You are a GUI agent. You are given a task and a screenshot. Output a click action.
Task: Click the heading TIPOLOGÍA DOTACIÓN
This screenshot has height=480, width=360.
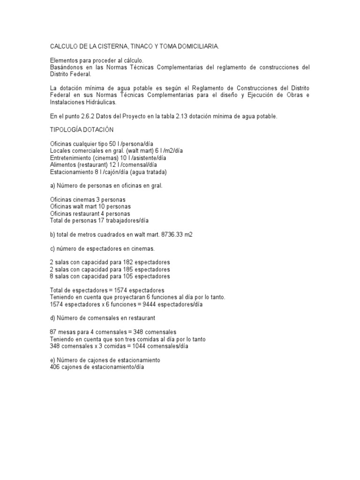coord(82,129)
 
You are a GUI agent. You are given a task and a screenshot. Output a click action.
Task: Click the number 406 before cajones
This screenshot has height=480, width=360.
coord(55,367)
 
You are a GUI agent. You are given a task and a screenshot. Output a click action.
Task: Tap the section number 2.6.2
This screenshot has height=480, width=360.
coord(89,116)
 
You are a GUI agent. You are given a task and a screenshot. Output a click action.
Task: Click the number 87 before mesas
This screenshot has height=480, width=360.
coord(53,332)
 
